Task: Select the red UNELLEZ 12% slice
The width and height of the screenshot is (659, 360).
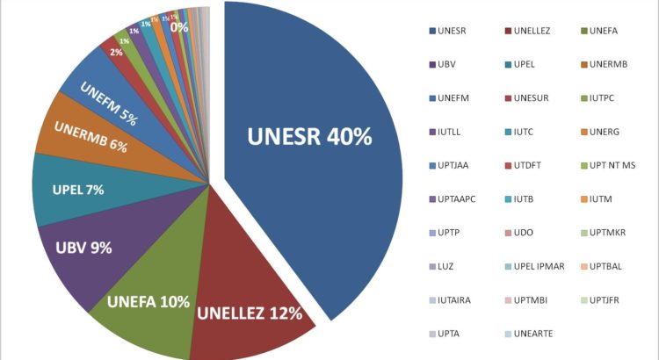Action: coord(250,312)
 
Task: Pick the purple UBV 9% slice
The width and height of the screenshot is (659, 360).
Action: coord(83,248)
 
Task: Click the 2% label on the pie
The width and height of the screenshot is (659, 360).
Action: coord(116,52)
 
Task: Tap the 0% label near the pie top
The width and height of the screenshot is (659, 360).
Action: coord(179,27)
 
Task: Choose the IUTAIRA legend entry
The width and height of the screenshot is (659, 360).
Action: coord(452,299)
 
